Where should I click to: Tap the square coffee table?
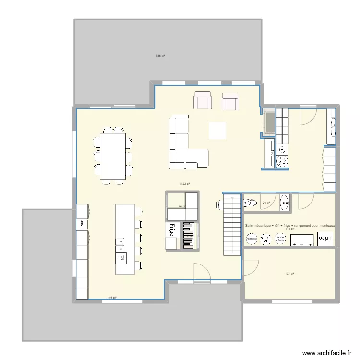[217, 130]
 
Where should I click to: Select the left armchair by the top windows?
[202, 101]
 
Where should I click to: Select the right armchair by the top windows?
[229, 101]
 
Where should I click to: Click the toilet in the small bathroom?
[251, 203]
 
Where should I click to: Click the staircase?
[232, 226]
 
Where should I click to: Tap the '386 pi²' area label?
[160, 56]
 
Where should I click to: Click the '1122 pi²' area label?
[185, 184]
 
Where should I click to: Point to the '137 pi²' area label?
[289, 274]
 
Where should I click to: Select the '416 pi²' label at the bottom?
[111, 298]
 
